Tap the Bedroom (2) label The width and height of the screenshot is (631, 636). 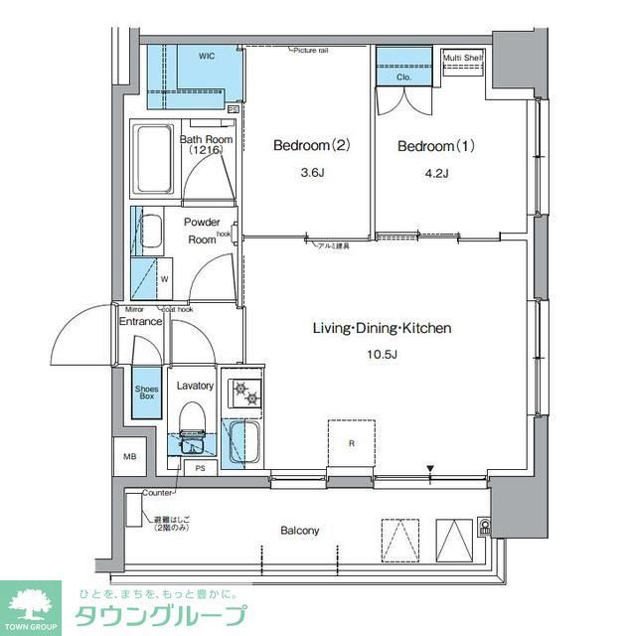click(x=311, y=146)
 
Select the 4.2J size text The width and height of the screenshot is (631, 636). click(x=436, y=174)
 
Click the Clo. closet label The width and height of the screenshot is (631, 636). click(x=403, y=76)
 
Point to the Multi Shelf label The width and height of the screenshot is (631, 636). click(x=463, y=58)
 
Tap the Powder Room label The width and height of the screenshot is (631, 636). click(x=202, y=232)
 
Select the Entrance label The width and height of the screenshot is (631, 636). click(x=140, y=321)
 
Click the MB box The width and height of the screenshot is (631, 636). click(x=129, y=456)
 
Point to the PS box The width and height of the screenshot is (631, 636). click(x=200, y=466)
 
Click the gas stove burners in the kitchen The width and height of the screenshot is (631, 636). click(x=243, y=393)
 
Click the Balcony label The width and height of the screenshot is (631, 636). click(x=299, y=531)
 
